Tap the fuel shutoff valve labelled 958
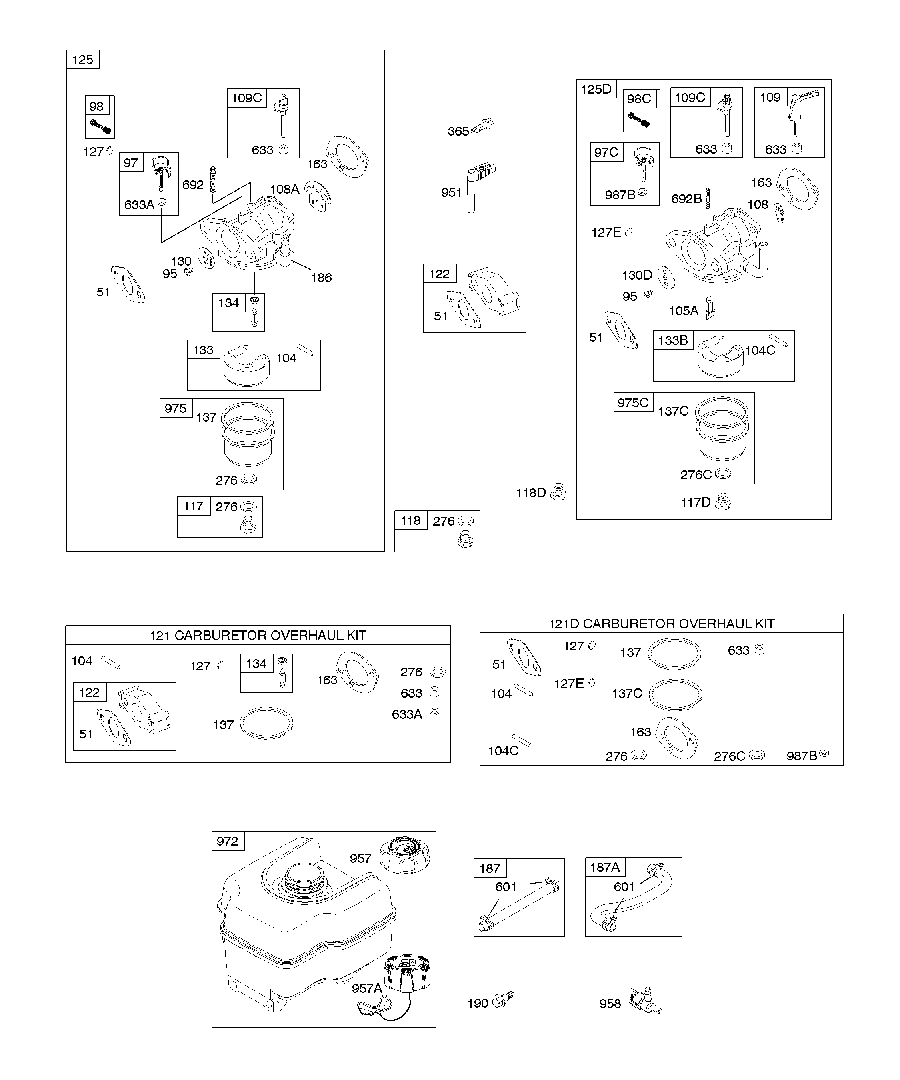pos(645,1000)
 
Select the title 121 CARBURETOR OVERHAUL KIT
pos(258,635)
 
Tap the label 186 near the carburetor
pos(322,278)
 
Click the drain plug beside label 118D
pos(558,492)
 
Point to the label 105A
pos(684,311)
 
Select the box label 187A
pos(605,867)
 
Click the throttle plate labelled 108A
pos(318,196)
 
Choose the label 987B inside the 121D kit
pos(801,756)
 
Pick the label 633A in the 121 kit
pos(407,714)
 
